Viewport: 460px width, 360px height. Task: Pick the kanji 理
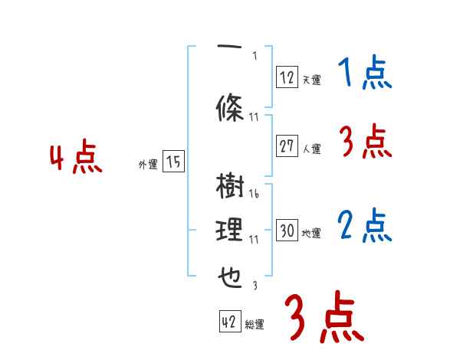click(230, 231)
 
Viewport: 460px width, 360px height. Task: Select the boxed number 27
click(287, 147)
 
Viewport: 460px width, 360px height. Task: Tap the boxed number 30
click(287, 231)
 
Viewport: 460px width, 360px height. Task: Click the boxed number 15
click(173, 162)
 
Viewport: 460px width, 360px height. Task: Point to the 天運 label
click(311, 79)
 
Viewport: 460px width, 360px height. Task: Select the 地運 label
click(311, 234)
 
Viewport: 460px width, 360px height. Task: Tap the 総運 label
click(255, 325)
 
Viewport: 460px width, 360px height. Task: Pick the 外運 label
click(147, 164)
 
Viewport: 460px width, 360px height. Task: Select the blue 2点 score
click(364, 227)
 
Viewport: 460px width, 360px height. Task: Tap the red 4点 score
click(76, 159)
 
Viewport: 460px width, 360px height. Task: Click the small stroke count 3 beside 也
click(254, 286)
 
